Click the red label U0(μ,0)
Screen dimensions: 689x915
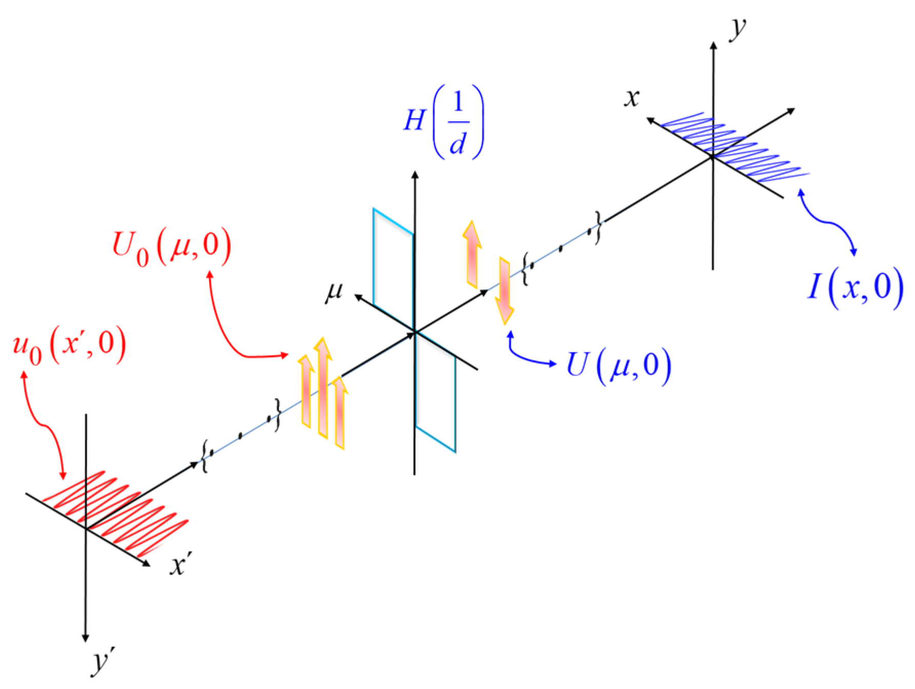pos(172,248)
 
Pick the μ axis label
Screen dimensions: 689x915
pos(334,292)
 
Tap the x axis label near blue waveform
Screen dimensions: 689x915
pos(632,97)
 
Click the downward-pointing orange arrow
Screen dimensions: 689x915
pos(505,290)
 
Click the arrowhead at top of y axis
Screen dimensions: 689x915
pos(713,45)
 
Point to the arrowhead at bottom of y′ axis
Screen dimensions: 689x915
pos(85,638)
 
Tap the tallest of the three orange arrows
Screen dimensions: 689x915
pos(323,387)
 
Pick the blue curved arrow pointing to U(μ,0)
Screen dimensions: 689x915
pos(528,354)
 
